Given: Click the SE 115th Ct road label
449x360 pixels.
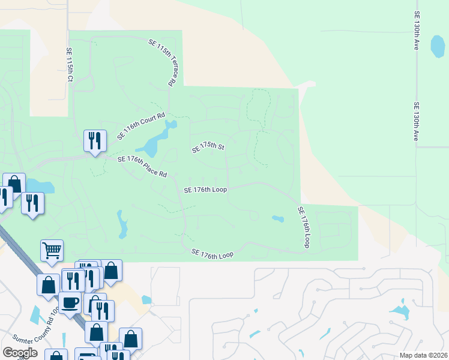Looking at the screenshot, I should tap(70, 65).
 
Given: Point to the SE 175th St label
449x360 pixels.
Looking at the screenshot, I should tap(208, 148).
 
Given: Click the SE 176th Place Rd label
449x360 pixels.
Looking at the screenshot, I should tap(142, 167).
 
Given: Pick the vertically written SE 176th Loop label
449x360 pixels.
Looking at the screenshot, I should tap(304, 227).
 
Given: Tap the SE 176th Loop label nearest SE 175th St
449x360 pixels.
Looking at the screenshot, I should tap(205, 190).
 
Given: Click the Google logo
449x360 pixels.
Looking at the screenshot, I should tap(20, 353).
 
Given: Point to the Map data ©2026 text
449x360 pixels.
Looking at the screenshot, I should tap(424, 355).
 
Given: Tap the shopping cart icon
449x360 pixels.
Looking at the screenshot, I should tap(52, 251).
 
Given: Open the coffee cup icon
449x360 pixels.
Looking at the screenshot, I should tap(70, 302).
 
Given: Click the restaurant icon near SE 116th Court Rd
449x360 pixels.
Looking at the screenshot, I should tap(94, 141).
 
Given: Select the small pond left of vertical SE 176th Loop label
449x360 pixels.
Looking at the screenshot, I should tap(277, 218).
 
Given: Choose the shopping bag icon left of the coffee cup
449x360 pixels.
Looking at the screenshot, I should tap(48, 284).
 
